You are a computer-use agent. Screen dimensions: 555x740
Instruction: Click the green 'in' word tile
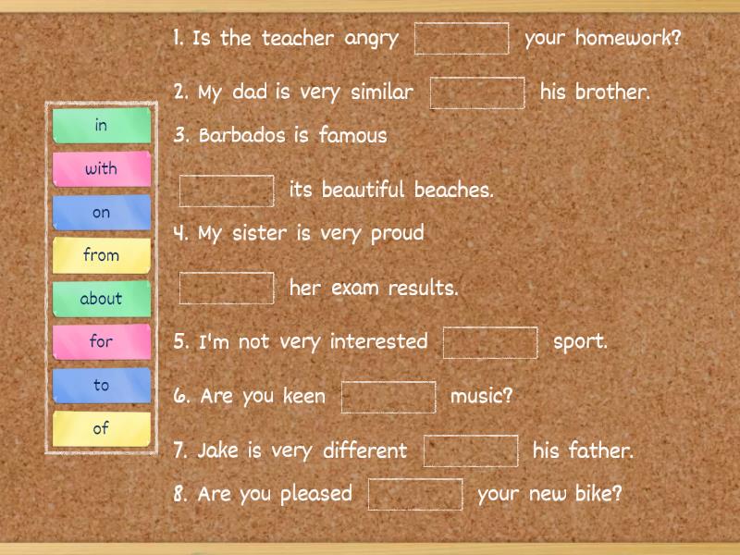click(x=101, y=126)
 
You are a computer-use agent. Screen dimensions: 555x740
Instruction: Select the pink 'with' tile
click(x=101, y=169)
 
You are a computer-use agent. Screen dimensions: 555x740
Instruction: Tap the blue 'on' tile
click(x=101, y=213)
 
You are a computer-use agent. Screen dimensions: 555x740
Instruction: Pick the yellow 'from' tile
click(x=101, y=255)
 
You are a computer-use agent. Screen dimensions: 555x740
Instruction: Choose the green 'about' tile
click(x=101, y=299)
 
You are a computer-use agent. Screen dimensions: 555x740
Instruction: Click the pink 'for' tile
click(x=101, y=341)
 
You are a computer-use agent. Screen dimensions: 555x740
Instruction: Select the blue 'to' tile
click(x=101, y=385)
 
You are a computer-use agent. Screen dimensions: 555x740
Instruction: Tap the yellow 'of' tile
click(x=101, y=428)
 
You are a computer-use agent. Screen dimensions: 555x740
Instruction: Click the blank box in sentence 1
click(x=462, y=39)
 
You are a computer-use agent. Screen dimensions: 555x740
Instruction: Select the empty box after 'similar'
click(x=477, y=92)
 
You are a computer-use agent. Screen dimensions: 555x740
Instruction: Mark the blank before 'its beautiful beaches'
click(x=227, y=191)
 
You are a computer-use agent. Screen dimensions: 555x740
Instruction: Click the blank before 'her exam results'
click(x=227, y=288)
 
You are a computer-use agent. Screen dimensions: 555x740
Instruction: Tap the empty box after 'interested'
click(x=490, y=342)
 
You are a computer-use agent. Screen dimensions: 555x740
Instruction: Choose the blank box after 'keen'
click(x=388, y=397)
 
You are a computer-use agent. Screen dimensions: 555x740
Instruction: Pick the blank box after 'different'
click(x=471, y=451)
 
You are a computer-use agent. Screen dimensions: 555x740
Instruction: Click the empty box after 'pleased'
click(x=415, y=494)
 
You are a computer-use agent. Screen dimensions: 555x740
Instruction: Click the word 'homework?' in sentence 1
click(x=628, y=39)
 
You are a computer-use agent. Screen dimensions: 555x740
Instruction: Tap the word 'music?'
click(x=481, y=397)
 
